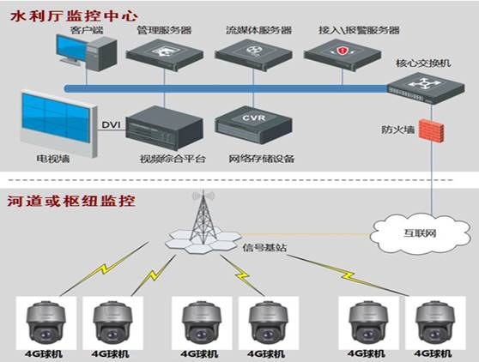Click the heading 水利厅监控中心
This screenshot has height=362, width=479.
point(74,16)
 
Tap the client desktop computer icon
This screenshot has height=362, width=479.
point(87,52)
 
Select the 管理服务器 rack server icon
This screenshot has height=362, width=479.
point(164,55)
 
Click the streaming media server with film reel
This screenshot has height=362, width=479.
point(253,55)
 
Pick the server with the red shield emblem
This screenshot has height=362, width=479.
point(343,55)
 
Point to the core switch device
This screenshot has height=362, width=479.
point(426,87)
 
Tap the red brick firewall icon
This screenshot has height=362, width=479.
point(431,130)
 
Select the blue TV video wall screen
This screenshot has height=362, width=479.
point(59,124)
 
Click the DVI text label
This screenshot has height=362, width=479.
point(111,125)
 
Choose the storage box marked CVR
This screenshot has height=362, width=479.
point(253,125)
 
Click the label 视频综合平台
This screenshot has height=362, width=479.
point(173,159)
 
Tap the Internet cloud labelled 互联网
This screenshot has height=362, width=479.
point(420,234)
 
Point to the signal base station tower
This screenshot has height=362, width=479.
point(203,223)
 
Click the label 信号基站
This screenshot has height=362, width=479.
point(264,248)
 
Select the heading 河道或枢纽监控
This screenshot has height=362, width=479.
point(71,201)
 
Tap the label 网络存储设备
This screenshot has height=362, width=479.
point(262,159)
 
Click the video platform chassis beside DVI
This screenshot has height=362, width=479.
point(164,128)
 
